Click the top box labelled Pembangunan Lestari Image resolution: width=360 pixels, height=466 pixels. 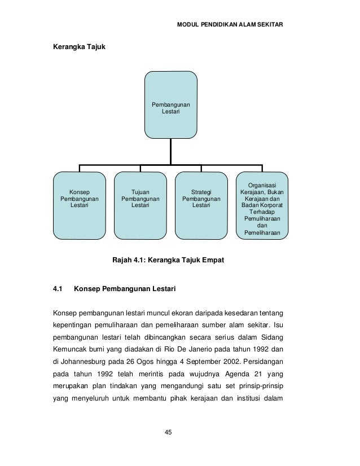[x=171, y=105]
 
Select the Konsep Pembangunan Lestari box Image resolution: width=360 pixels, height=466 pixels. [x=79, y=205]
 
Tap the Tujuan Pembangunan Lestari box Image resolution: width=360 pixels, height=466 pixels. [x=141, y=205]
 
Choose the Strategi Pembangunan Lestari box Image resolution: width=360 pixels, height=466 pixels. [x=201, y=205]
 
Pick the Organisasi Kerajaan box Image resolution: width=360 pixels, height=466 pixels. [x=262, y=205]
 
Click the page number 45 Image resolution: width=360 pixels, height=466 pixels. [x=168, y=432]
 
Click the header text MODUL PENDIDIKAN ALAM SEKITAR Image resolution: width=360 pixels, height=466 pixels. [x=230, y=25]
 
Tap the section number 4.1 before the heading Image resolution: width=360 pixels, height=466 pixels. [x=57, y=291]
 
